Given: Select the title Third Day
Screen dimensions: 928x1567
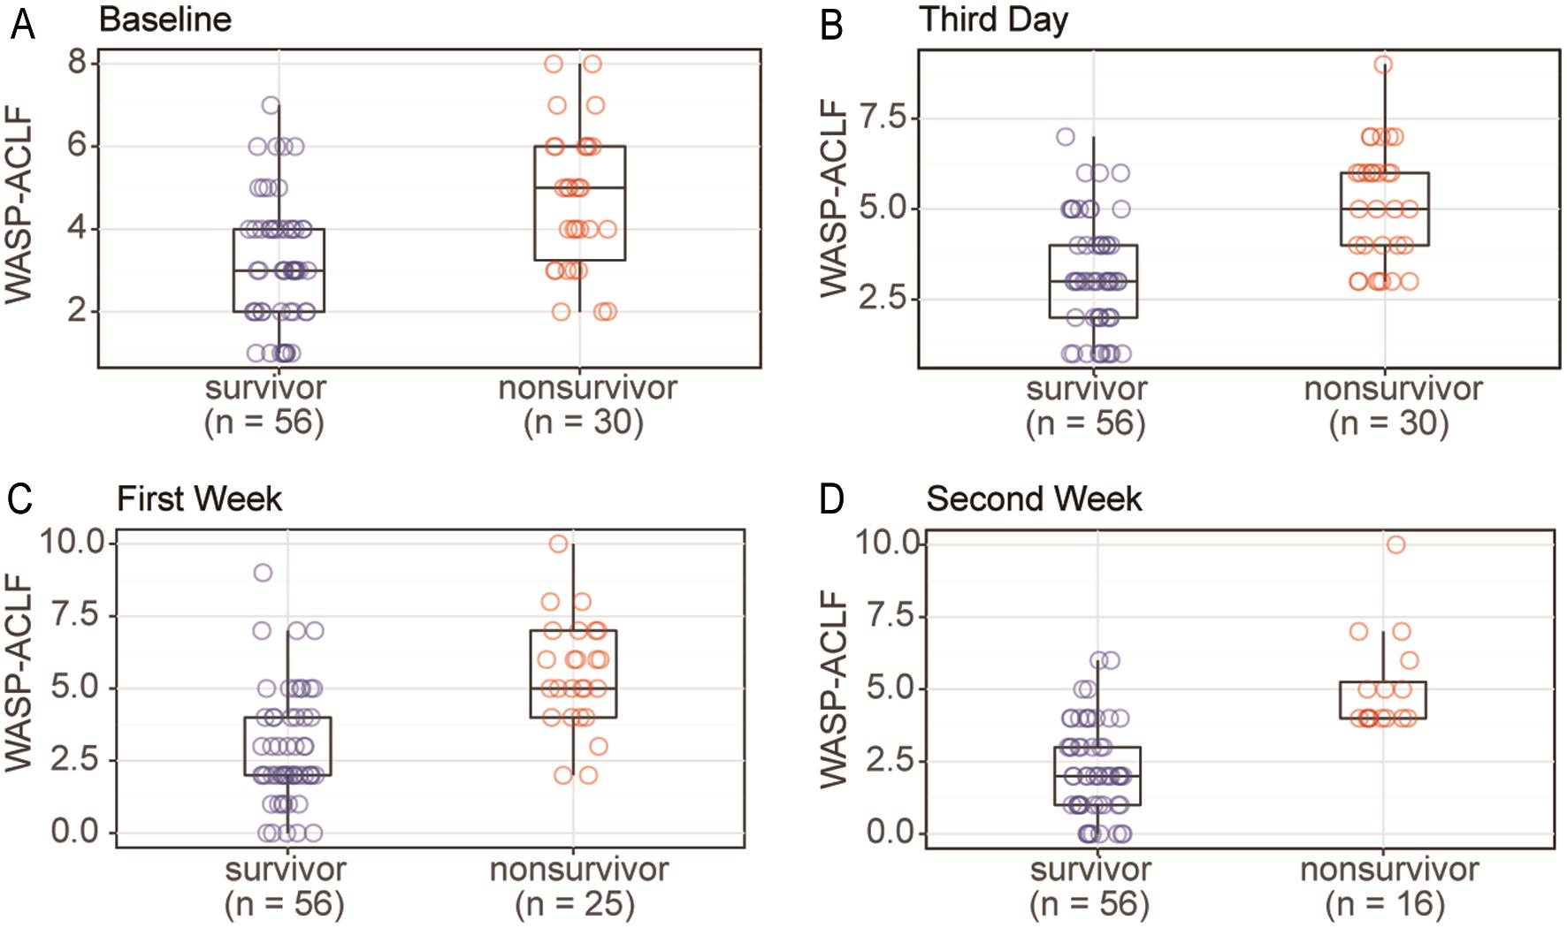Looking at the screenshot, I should (993, 19).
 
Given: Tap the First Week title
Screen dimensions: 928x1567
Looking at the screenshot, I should (199, 499).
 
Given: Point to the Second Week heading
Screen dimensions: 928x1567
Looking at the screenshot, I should (1034, 499).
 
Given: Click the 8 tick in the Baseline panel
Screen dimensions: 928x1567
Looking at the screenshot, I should (78, 62).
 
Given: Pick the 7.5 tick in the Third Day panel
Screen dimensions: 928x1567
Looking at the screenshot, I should (883, 118).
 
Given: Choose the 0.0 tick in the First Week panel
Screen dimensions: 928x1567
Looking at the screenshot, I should (74, 832).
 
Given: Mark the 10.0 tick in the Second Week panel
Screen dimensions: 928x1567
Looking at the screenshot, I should (888, 543).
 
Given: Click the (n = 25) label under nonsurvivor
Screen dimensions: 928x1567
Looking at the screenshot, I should (575, 904).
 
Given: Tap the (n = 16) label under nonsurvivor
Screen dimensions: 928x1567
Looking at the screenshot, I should (1385, 904).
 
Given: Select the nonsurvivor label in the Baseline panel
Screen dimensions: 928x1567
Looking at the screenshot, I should (587, 388).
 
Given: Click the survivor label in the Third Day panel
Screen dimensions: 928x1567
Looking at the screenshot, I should (1086, 389).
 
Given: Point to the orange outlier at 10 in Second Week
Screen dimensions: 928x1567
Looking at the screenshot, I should (1395, 544).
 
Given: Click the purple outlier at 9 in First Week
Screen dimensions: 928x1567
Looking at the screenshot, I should (263, 573).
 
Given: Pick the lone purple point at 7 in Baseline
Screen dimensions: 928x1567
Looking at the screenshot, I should (271, 105).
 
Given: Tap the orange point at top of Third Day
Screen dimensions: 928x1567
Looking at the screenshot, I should (1384, 65).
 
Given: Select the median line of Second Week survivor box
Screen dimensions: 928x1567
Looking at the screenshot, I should (1097, 775).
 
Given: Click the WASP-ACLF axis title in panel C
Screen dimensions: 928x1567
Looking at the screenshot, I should (19, 672).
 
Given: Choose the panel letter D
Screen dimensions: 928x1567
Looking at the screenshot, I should (831, 499).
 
